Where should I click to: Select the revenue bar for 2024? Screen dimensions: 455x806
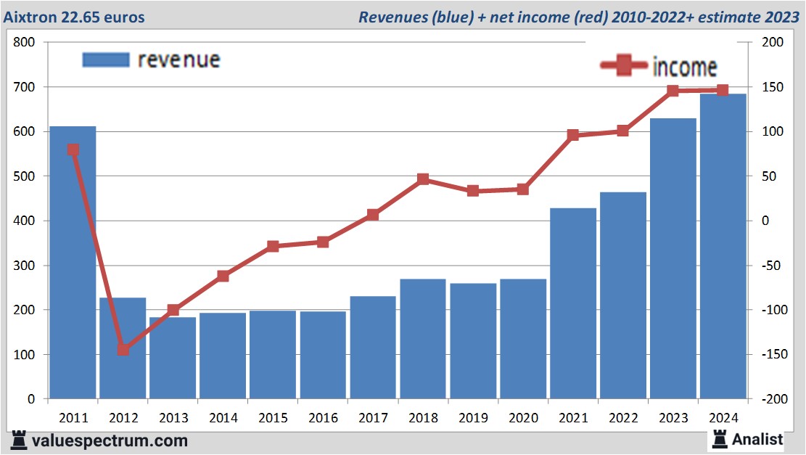coord(723,247)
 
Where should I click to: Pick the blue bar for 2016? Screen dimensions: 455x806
coord(323,355)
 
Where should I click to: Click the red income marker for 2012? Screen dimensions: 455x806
coord(123,350)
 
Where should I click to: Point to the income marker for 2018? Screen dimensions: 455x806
coord(423,179)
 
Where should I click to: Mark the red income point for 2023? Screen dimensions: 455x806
coord(673,91)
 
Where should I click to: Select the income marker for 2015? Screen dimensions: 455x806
coord(273,247)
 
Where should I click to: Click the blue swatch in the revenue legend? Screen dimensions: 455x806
coord(106,60)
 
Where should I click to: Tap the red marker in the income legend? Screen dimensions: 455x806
coord(623,67)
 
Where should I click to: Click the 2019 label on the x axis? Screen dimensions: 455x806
coord(473,419)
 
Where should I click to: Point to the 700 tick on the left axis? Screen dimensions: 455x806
coord(25,87)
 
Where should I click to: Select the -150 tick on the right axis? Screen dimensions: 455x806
coord(770,354)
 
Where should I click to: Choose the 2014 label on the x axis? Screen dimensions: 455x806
coord(223,419)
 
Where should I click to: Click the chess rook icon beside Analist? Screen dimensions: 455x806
coord(720,438)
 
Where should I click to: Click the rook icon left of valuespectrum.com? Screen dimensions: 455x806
coord(19,440)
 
